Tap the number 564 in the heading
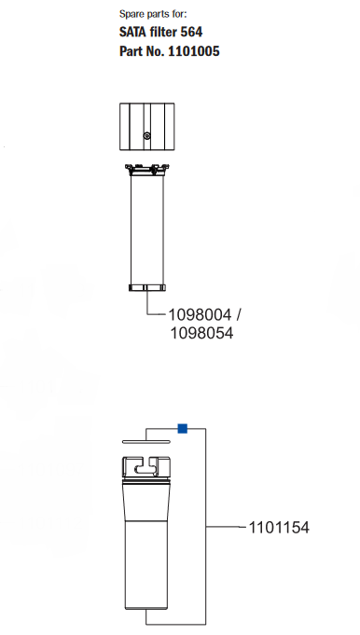point(191,33)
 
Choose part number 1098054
point(199,333)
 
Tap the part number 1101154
point(278,528)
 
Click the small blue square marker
point(183,428)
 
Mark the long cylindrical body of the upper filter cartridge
point(146,228)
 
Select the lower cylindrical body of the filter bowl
point(146,569)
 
